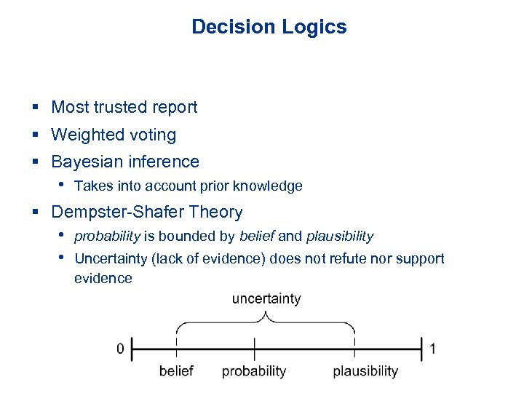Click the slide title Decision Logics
[269, 27]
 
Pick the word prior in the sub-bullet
[212, 186]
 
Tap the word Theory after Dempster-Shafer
[217, 213]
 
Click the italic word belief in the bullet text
[257, 237]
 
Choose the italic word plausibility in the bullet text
[340, 237]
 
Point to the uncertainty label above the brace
[266, 299]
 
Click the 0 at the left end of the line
[120, 349]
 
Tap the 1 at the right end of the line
[433, 349]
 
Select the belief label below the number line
[176, 371]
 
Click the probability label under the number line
[254, 371]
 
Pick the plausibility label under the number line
[365, 371]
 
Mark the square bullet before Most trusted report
[35, 108]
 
